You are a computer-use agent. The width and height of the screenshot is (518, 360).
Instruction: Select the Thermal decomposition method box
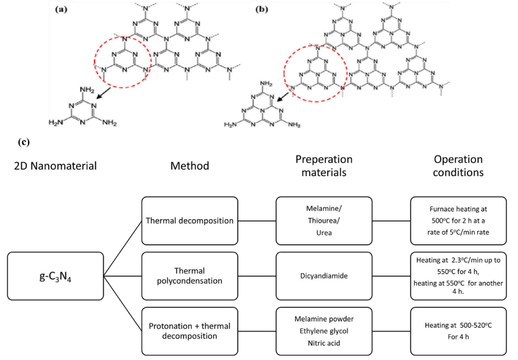tap(188, 220)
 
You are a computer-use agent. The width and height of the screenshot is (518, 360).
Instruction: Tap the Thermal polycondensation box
tap(188, 275)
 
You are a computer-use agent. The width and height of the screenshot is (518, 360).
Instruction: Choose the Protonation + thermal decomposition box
tap(188, 331)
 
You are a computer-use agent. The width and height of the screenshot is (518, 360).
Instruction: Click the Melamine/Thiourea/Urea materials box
tap(324, 220)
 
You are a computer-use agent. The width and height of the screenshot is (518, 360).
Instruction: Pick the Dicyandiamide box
tap(324, 275)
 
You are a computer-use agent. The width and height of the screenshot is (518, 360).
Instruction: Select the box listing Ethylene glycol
tap(324, 331)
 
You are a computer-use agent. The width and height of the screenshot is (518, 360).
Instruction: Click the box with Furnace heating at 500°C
tap(458, 220)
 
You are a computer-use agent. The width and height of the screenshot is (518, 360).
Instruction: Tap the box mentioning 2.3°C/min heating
tap(458, 275)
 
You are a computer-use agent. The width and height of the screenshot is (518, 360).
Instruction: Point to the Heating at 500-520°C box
tap(458, 331)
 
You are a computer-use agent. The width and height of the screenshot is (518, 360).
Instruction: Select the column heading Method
tap(188, 165)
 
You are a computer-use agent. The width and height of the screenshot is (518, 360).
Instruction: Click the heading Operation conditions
tap(458, 166)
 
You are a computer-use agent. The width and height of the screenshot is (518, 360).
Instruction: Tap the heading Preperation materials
tap(324, 166)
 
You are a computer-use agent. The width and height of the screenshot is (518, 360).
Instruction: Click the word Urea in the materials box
tap(324, 231)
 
